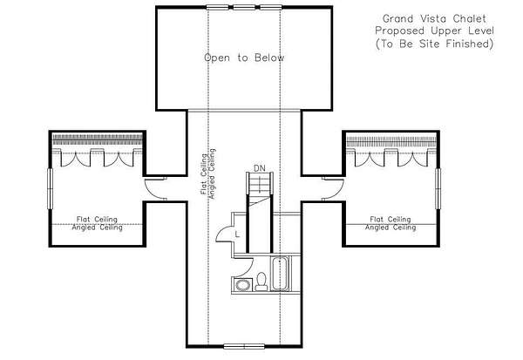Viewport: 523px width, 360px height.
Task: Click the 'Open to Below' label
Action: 244,58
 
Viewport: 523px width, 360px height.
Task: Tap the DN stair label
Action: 260,168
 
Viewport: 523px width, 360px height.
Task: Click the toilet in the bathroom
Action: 261,282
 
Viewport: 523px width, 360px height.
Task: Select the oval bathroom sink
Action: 241,285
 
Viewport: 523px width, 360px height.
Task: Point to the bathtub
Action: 279,274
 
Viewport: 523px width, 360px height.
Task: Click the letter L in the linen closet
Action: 237,234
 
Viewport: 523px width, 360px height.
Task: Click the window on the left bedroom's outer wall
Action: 50,188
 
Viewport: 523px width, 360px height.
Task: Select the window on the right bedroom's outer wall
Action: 438,188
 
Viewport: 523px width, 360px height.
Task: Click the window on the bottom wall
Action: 244,346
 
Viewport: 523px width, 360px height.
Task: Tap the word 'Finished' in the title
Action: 470,44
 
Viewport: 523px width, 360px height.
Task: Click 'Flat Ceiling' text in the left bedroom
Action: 97,219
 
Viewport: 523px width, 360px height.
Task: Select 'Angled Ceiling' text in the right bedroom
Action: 391,228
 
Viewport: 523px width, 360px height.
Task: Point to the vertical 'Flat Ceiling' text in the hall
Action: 203,173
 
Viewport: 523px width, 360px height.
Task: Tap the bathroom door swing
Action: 246,266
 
